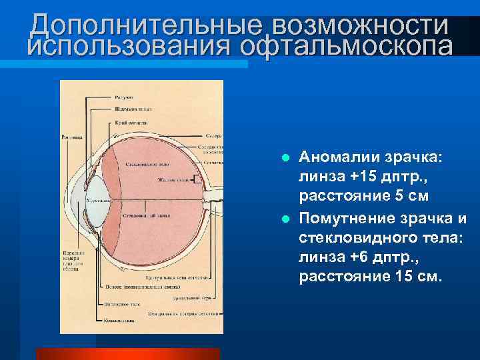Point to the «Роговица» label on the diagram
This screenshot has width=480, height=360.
click(x=71, y=138)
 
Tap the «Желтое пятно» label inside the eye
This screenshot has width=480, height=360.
click(x=171, y=178)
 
